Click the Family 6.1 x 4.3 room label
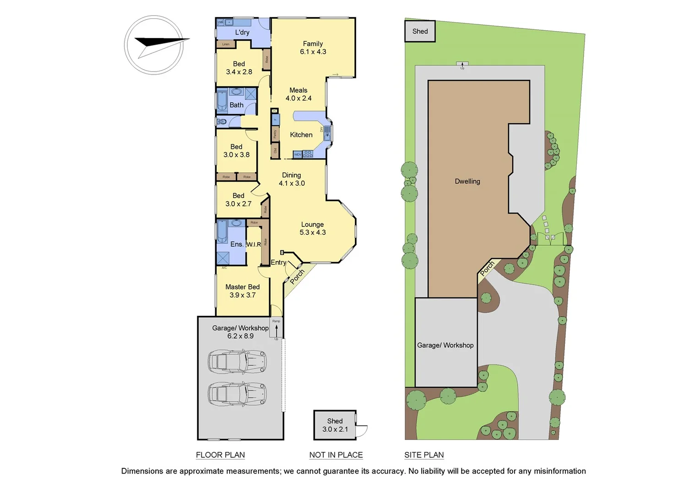click(x=313, y=48)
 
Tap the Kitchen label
click(x=301, y=135)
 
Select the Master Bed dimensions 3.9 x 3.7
click(x=243, y=295)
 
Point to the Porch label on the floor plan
click(x=297, y=276)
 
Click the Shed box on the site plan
click(x=420, y=32)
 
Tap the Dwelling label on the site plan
click(x=467, y=181)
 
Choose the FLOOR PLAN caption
click(x=220, y=455)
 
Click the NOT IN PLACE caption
click(x=336, y=455)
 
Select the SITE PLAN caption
click(x=424, y=455)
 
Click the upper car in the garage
click(x=237, y=362)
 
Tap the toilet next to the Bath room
click(x=222, y=121)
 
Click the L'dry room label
click(x=242, y=33)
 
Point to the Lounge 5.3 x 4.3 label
click(x=313, y=228)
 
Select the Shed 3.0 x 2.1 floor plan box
click(x=335, y=425)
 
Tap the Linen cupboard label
click(x=226, y=44)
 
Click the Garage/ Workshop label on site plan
click(x=445, y=346)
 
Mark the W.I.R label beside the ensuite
click(x=254, y=244)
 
